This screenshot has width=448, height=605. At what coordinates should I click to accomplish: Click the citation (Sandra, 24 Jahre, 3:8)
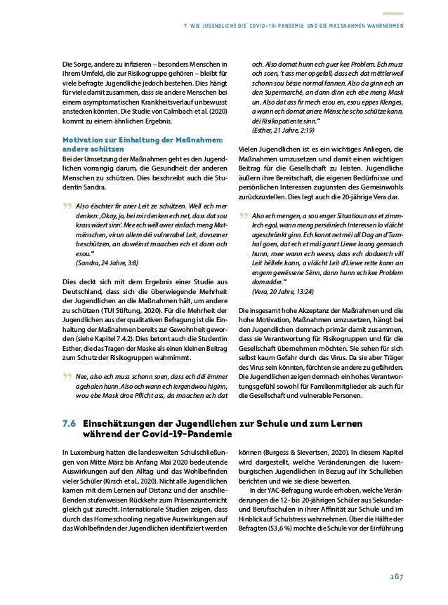click(107, 261)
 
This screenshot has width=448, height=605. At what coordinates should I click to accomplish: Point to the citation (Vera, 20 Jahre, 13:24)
click(279, 290)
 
